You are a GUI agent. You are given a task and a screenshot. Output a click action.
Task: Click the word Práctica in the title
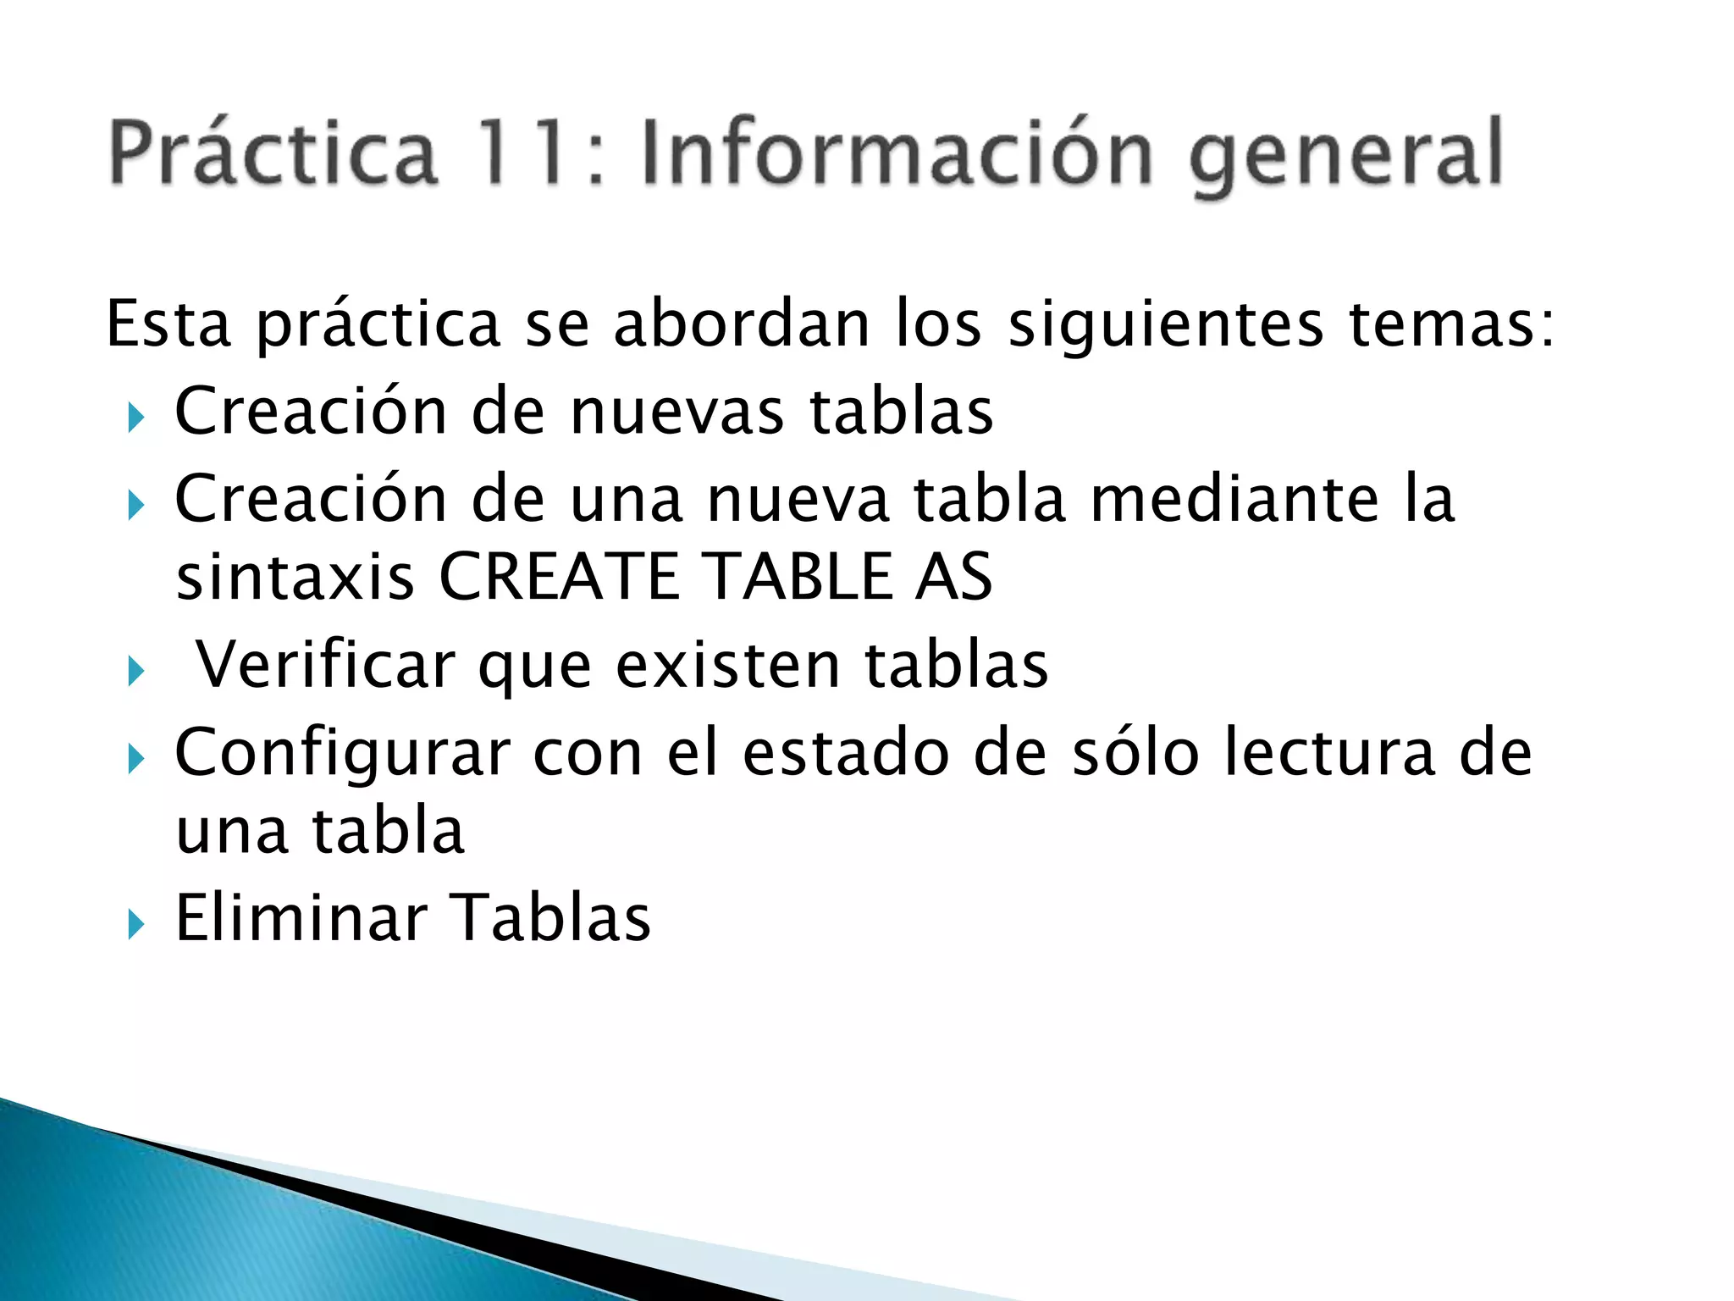(x=273, y=153)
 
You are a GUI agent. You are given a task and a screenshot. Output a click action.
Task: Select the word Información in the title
(x=897, y=153)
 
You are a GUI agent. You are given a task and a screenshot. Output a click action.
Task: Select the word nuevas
(x=677, y=412)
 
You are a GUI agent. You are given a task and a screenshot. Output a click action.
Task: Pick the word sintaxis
(x=295, y=578)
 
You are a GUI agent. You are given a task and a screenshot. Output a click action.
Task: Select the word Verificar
(x=326, y=665)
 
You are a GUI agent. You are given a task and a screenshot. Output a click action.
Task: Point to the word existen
(x=728, y=665)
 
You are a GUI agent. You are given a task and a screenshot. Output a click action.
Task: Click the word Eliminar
(x=301, y=918)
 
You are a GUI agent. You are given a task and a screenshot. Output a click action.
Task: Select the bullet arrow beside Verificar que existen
(x=136, y=673)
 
